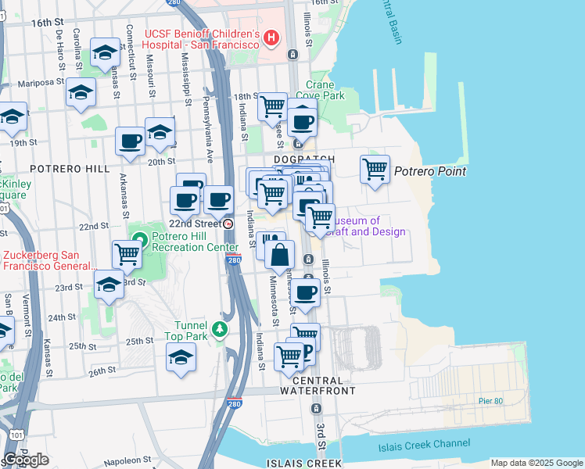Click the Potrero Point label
(x=430, y=171)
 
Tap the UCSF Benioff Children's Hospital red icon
(x=271, y=36)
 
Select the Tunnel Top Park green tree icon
(x=221, y=328)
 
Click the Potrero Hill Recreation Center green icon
(x=139, y=238)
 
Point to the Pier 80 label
(x=492, y=401)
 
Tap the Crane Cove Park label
(x=325, y=90)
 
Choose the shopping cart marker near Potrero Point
(x=375, y=168)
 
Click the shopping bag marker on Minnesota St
(x=279, y=255)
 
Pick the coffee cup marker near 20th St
(x=131, y=141)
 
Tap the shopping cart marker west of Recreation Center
(x=127, y=253)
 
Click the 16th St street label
(x=47, y=23)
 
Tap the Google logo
(x=26, y=460)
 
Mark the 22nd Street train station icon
(x=228, y=224)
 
